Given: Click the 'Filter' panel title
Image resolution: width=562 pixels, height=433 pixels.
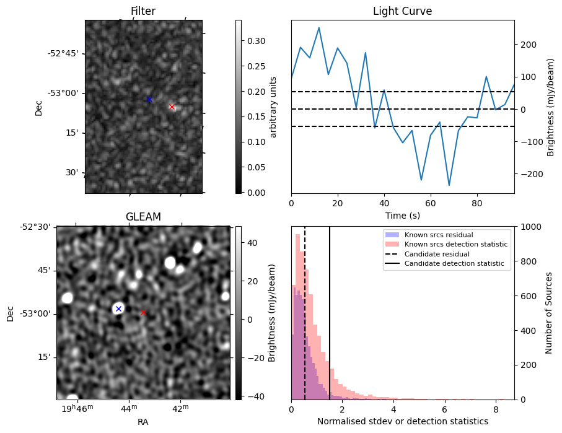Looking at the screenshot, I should coord(143,11).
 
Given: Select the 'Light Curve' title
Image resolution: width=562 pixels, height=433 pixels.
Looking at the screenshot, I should coord(402,11).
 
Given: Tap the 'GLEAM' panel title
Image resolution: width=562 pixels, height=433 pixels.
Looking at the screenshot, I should coord(143,217).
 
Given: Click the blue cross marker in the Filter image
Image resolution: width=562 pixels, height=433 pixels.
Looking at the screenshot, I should coord(149,99).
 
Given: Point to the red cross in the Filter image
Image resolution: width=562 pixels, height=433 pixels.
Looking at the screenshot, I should coord(172,107).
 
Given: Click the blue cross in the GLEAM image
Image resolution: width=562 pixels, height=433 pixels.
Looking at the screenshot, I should coord(118,308).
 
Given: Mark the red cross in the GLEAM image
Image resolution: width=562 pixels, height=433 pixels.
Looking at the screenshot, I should coord(143,312).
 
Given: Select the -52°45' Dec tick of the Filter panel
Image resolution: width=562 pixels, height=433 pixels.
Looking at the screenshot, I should coord(63,53).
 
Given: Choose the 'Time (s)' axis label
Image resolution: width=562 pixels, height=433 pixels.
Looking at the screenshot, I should coord(402,215).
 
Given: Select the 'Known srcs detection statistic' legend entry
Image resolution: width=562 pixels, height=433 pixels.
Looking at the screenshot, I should coord(455,245).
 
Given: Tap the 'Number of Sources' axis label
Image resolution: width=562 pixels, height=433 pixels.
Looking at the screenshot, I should coord(549,313).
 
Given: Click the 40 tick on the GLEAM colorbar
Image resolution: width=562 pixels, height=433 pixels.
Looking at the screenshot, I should coord(253,243).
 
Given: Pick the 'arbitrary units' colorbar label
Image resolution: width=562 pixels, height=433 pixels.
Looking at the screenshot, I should coord(273,106).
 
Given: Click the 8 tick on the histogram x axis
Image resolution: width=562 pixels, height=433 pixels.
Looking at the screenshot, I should coord(496,409).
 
